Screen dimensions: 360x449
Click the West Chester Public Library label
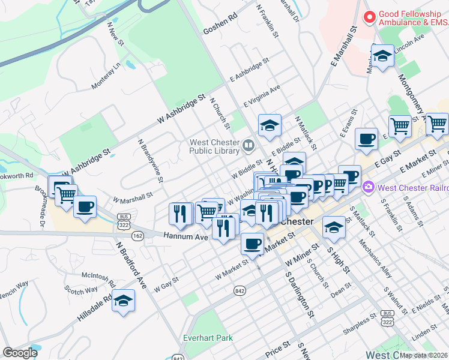tap(215, 146)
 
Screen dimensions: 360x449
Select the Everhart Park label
tap(208, 338)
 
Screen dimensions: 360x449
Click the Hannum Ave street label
tap(185, 237)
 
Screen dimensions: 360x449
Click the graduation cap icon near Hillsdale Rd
tap(123, 301)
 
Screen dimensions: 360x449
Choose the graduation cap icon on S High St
tap(334, 227)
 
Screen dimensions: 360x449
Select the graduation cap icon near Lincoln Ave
tap(382, 56)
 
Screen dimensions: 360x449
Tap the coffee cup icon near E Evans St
tap(366, 139)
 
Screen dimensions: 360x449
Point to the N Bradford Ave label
tap(131, 266)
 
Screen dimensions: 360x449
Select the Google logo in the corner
tap(20, 353)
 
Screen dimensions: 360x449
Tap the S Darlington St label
tap(300, 296)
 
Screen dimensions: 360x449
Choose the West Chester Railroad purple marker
tap(369, 188)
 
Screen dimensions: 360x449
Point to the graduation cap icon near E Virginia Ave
tap(270, 125)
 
